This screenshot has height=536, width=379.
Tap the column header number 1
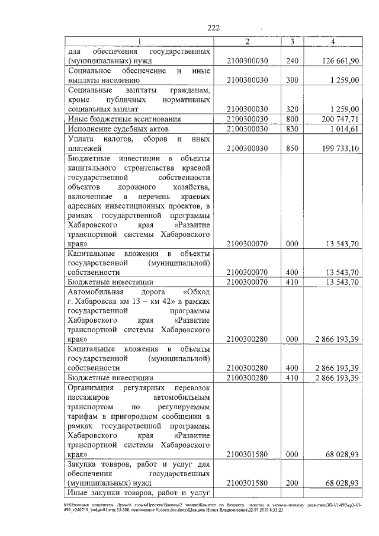point(140,41)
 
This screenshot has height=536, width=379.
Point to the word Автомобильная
point(95,292)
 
